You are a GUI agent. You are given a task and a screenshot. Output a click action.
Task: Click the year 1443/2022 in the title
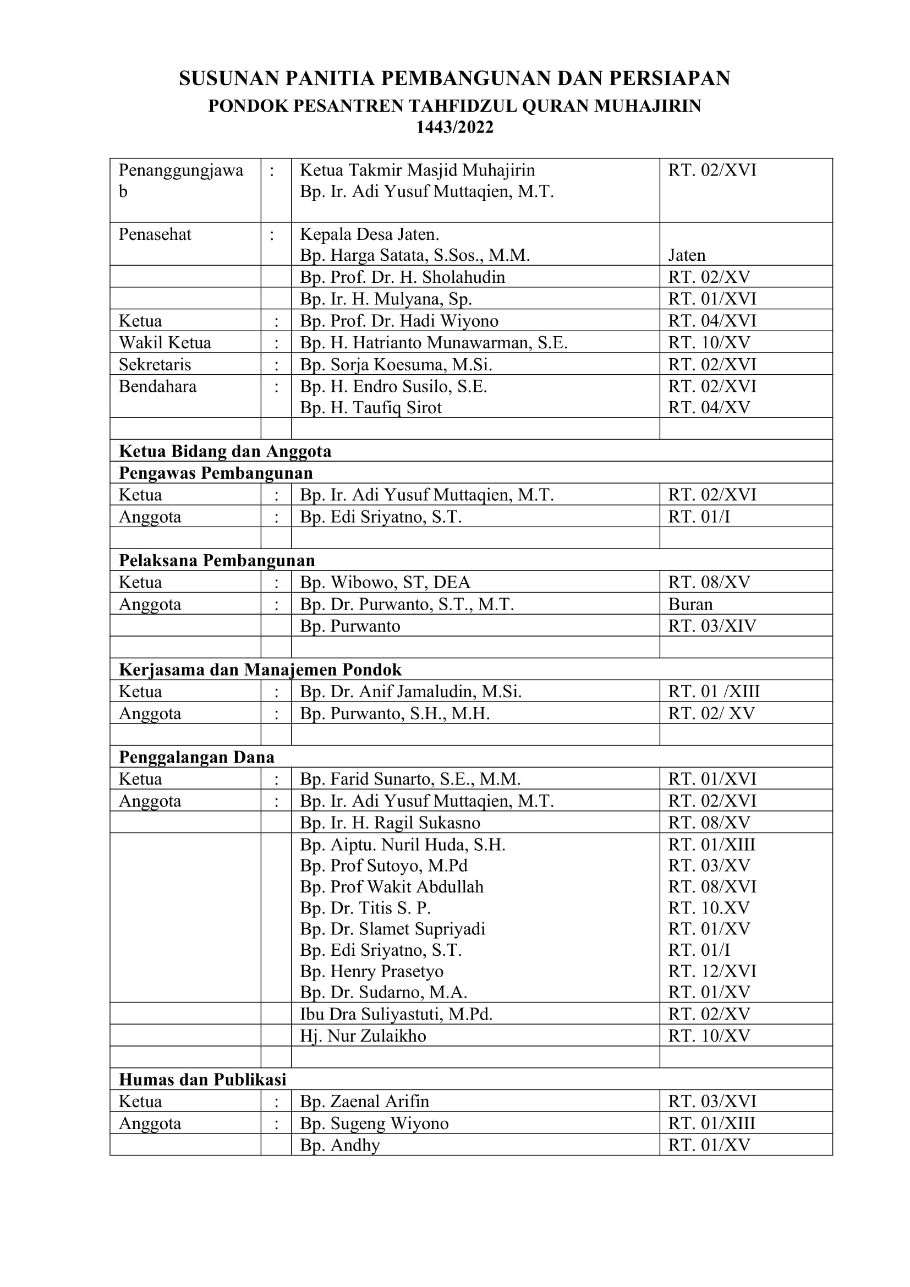(454, 128)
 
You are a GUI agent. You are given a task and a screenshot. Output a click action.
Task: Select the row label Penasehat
(155, 234)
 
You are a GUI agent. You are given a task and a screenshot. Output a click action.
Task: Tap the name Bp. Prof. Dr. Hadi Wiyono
(399, 321)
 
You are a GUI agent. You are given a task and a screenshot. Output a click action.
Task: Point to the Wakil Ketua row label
(165, 342)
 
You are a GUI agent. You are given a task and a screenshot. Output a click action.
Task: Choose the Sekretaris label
(155, 364)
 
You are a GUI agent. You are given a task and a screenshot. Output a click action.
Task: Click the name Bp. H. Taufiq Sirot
(370, 408)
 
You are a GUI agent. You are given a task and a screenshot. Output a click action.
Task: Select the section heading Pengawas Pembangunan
(216, 473)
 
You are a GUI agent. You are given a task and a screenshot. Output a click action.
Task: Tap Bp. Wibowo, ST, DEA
(385, 582)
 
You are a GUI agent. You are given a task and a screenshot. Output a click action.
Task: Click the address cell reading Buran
(690, 604)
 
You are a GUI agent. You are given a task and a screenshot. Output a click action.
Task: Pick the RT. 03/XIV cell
(711, 626)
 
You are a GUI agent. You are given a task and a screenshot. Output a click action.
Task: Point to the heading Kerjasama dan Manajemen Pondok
(260, 670)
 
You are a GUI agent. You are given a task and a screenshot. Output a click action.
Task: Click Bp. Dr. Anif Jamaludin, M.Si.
(411, 692)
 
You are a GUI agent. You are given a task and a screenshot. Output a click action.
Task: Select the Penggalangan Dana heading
(196, 757)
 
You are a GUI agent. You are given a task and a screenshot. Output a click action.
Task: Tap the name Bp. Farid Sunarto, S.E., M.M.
(410, 779)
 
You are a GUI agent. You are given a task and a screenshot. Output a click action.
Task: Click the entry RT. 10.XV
(709, 907)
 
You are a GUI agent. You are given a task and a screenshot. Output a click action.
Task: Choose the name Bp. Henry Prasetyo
(371, 971)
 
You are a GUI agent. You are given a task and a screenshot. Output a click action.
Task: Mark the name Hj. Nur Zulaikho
(363, 1036)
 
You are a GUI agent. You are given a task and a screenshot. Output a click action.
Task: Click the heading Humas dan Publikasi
(202, 1080)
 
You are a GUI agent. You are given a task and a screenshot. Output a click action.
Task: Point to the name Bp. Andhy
(339, 1144)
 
